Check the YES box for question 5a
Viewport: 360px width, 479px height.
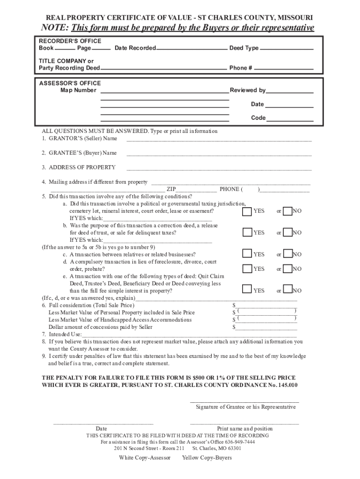(246, 211)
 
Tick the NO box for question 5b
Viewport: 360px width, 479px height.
(288, 232)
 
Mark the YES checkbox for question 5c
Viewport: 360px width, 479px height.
(246, 254)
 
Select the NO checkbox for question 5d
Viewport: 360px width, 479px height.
(288, 269)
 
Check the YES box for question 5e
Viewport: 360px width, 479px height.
(246, 290)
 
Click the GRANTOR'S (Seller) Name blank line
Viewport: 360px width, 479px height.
(219, 139)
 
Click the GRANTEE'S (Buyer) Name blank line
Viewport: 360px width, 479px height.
(219, 154)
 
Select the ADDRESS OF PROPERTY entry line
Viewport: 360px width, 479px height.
(219, 168)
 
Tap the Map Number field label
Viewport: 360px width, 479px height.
(78, 90)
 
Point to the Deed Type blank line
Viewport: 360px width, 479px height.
(286, 49)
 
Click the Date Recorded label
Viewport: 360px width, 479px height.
(135, 49)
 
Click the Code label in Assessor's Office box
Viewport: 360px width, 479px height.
(258, 118)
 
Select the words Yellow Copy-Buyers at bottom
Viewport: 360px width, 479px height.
(207, 457)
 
